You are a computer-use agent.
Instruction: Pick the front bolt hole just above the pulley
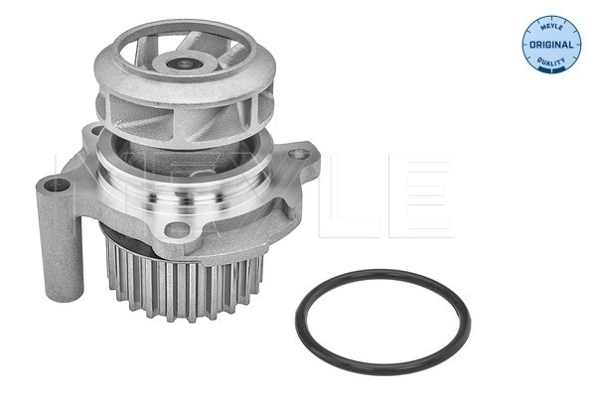click(x=177, y=230)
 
